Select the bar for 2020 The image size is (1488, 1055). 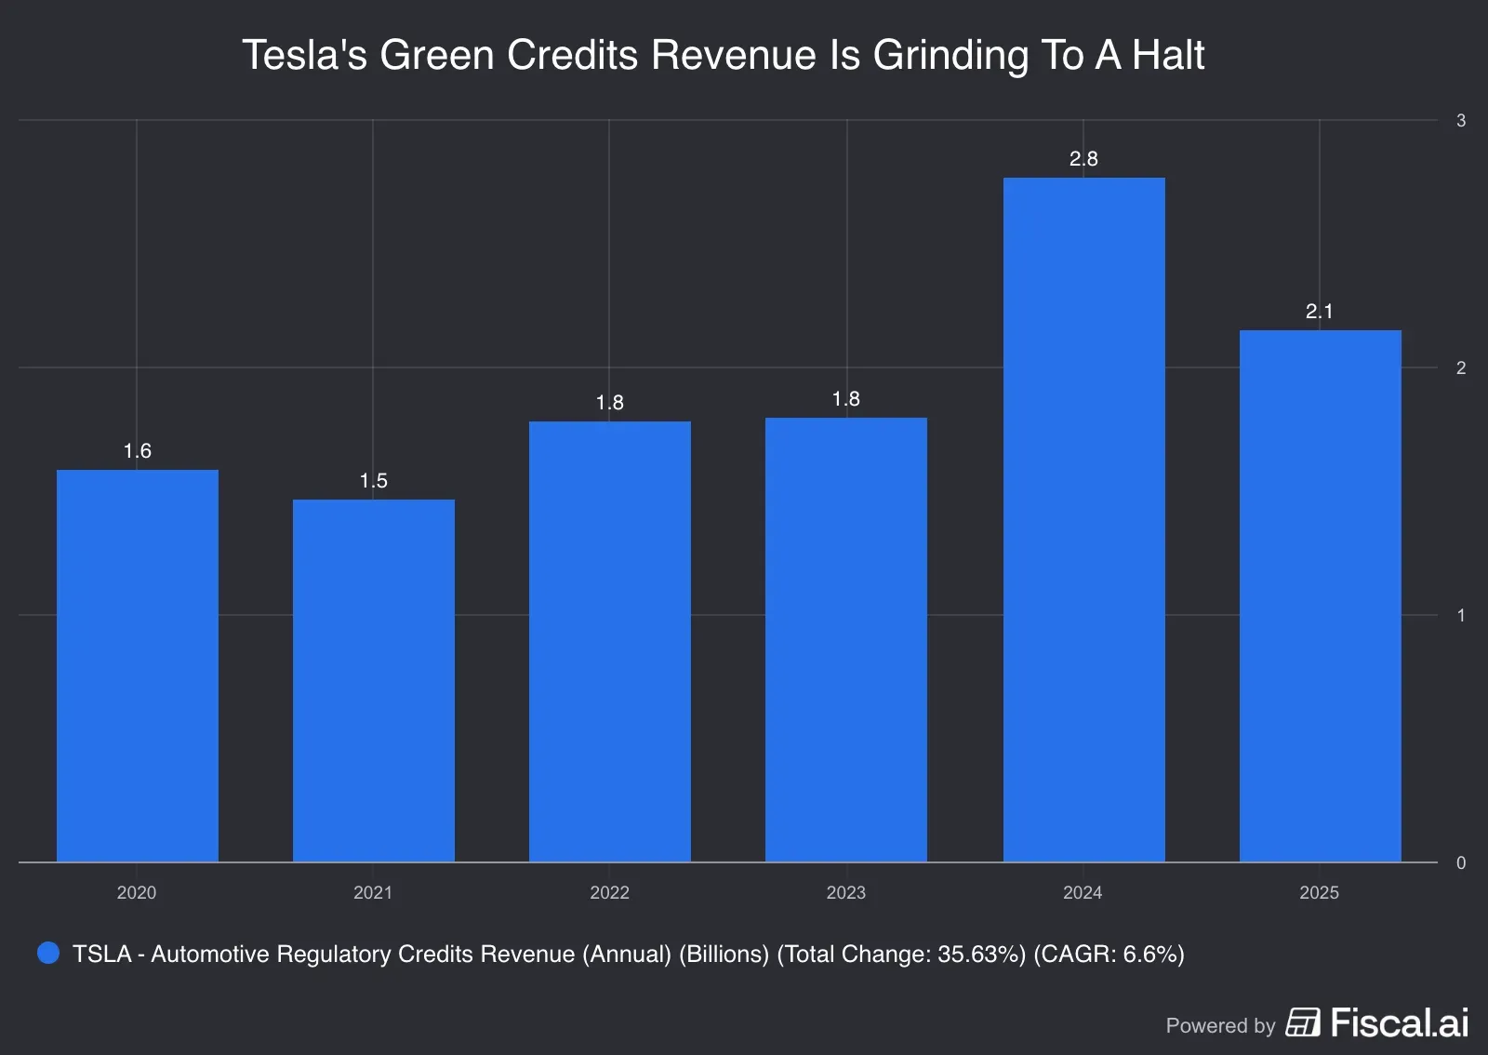[138, 665]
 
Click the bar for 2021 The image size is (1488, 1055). [374, 680]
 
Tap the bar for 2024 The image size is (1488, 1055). [1083, 519]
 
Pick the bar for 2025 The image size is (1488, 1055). [1320, 595]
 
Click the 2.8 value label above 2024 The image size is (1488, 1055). [1083, 159]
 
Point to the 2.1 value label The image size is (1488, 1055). [1319, 312]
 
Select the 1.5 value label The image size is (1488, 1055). [374, 481]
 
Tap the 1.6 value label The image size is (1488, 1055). [138, 451]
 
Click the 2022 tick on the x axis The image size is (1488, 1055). [609, 892]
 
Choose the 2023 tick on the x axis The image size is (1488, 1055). [845, 892]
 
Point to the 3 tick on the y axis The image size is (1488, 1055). [1461, 121]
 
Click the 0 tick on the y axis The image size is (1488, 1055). [1461, 863]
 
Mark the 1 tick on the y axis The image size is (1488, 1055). [1461, 616]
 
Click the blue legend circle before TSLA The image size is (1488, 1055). [48, 953]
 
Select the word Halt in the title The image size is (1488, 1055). [1168, 56]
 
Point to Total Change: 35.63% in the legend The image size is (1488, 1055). [901, 955]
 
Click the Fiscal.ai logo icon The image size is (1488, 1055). [1302, 1022]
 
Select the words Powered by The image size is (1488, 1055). [1219, 1026]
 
